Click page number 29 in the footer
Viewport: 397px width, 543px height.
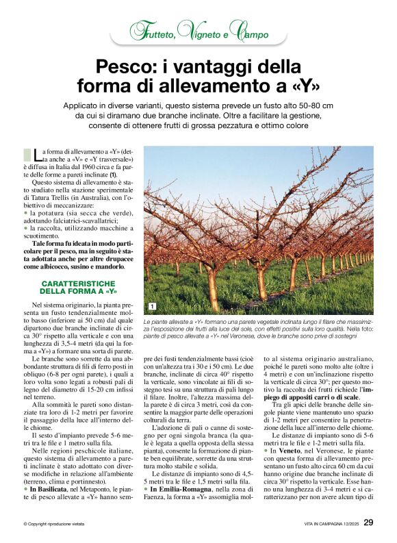click(368, 522)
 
